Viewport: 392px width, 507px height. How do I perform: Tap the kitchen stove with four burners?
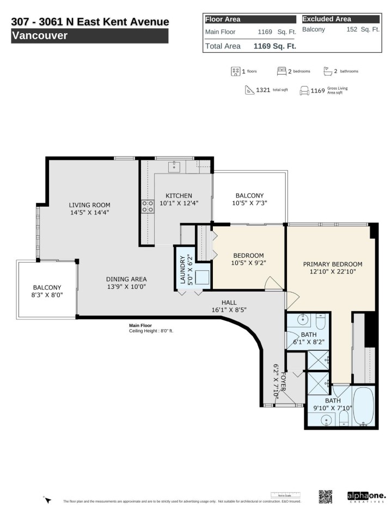148,206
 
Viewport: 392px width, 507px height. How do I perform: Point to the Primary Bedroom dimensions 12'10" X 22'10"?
332,273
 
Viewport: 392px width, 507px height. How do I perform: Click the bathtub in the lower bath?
362,406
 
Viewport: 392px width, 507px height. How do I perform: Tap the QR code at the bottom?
325,497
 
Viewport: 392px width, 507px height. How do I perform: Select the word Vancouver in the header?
39,36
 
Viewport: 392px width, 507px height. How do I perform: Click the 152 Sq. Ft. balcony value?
363,29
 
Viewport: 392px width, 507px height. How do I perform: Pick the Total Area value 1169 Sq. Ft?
274,46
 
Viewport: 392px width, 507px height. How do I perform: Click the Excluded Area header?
327,19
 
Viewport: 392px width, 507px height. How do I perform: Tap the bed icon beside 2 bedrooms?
281,71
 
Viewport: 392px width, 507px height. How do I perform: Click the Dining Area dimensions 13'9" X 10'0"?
126,286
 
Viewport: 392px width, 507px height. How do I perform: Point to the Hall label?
229,302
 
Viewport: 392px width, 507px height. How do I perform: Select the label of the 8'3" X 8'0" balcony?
47,288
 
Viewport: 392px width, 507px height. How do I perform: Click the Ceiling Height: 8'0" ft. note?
151,330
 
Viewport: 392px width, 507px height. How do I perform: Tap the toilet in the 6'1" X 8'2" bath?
321,323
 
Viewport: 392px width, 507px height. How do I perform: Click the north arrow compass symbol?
47,499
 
